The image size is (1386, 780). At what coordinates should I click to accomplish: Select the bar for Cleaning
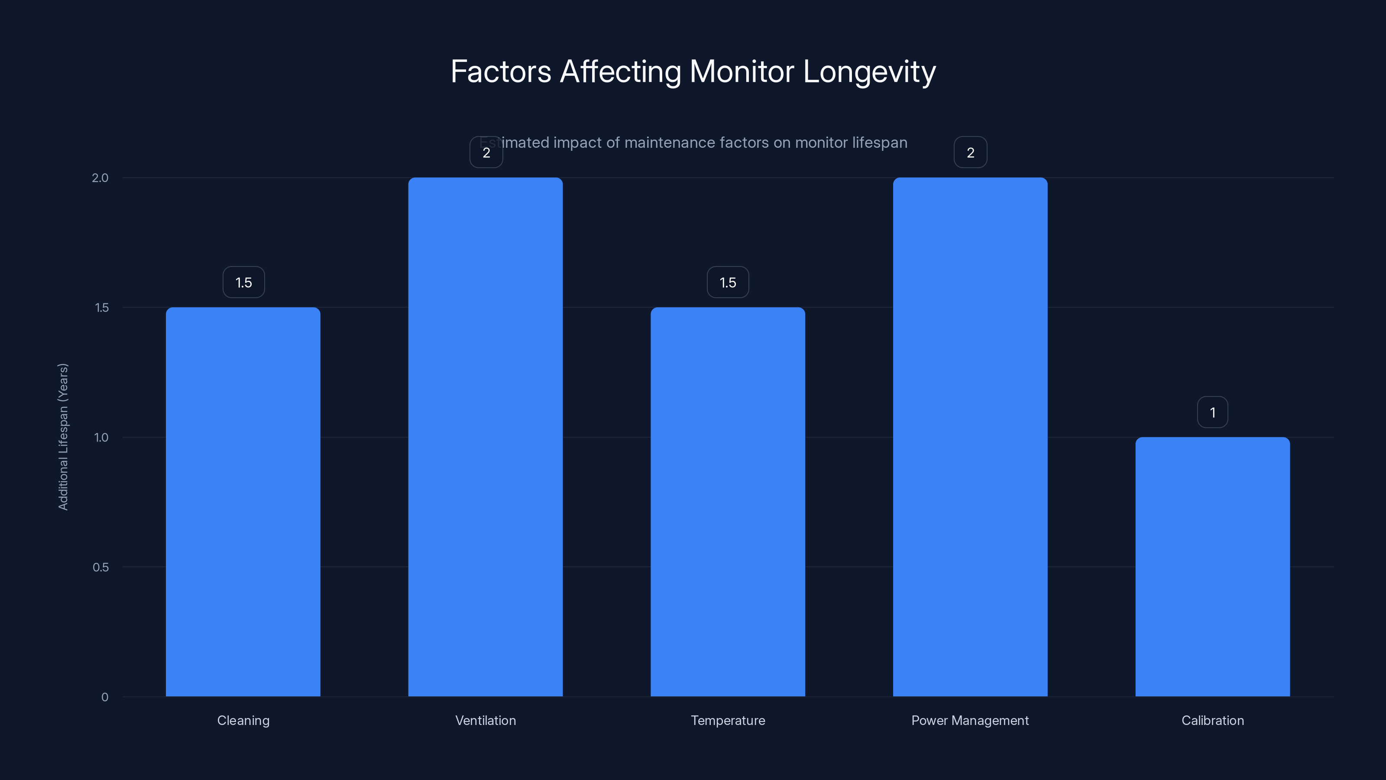243,502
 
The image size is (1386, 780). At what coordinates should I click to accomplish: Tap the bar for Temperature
728,502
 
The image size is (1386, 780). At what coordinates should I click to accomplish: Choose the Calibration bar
1212,566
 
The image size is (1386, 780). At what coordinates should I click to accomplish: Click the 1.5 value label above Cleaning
244,283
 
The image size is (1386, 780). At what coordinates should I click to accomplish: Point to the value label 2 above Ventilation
486,153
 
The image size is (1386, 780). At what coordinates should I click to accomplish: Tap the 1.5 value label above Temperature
728,283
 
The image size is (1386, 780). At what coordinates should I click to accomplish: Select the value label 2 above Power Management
970,153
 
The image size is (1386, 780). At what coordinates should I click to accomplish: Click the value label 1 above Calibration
1212,413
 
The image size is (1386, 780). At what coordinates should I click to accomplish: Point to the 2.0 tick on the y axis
100,178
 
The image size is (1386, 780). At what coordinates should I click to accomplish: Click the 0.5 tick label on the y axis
100,567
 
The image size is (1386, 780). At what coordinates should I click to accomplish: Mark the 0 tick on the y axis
105,697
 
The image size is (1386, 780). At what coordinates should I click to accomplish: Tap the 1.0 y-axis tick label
101,438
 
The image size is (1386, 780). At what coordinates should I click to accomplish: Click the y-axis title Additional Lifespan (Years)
63,436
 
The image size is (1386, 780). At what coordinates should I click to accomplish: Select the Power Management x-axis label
970,720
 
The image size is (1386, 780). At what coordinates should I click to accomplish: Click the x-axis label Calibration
1212,720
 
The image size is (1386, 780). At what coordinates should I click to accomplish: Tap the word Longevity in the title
869,71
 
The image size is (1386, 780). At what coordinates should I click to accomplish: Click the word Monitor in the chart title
742,71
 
